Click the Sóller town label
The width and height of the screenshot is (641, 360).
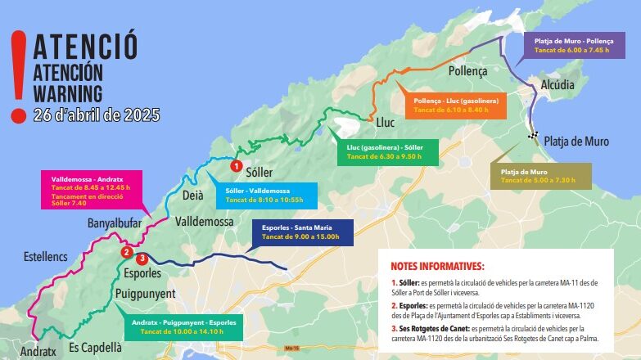coord(259,173)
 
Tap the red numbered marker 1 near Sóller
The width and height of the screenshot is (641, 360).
coord(236,165)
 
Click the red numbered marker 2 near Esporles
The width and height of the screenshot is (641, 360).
coord(126,253)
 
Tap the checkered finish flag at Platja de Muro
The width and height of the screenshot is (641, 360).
coord(533,136)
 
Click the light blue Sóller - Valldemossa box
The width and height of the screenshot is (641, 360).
coord(260,195)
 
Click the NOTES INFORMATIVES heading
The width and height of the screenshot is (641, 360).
coord(437,266)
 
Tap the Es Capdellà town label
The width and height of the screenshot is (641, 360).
coord(95,347)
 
